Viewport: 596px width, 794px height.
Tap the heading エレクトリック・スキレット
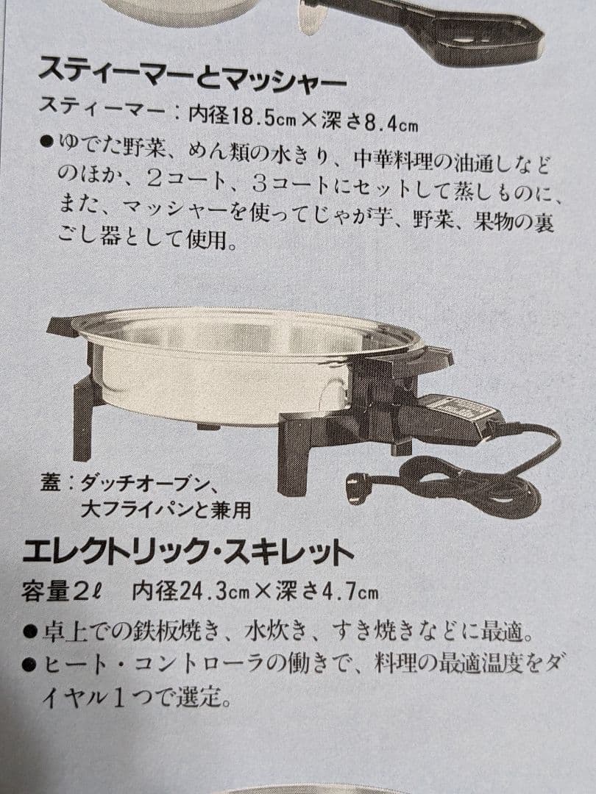click(x=188, y=551)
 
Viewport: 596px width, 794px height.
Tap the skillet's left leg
click(x=83, y=419)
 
